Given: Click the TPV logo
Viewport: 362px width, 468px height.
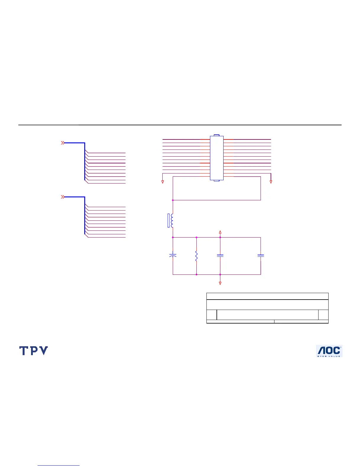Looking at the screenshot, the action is tap(33, 351).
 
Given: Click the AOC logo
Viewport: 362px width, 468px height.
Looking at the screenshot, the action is tap(329, 351).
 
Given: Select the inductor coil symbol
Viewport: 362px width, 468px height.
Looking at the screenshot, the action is tap(172, 221).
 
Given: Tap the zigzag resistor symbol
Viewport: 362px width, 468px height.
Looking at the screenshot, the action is tap(196, 256).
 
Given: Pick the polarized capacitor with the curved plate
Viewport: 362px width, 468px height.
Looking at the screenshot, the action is tap(173, 255).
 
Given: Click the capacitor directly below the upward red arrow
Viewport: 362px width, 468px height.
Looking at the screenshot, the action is tap(220, 256).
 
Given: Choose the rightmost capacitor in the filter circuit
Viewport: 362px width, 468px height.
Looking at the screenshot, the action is tap(261, 256).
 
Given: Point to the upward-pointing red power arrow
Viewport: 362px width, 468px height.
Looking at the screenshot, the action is tap(220, 232).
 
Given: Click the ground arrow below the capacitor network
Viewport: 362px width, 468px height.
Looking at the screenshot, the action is tap(220, 283).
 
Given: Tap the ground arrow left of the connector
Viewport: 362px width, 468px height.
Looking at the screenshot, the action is tap(163, 182).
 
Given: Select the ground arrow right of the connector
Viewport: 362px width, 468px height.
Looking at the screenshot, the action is tap(271, 182).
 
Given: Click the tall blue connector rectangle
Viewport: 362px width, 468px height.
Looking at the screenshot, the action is tap(216, 158).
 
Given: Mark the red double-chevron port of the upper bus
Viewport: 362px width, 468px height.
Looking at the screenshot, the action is tap(62, 143).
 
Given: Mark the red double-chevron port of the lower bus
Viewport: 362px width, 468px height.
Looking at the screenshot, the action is tap(62, 197).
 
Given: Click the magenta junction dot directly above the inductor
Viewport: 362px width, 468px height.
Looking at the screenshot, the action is tap(173, 200).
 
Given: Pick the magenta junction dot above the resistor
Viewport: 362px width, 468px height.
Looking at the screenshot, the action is tap(196, 237).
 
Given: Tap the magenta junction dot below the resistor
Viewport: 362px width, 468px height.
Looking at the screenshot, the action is tap(196, 274).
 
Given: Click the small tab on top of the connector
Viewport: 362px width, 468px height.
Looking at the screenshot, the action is tap(216, 135).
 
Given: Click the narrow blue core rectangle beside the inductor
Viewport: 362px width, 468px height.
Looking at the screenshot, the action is tap(169, 221).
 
